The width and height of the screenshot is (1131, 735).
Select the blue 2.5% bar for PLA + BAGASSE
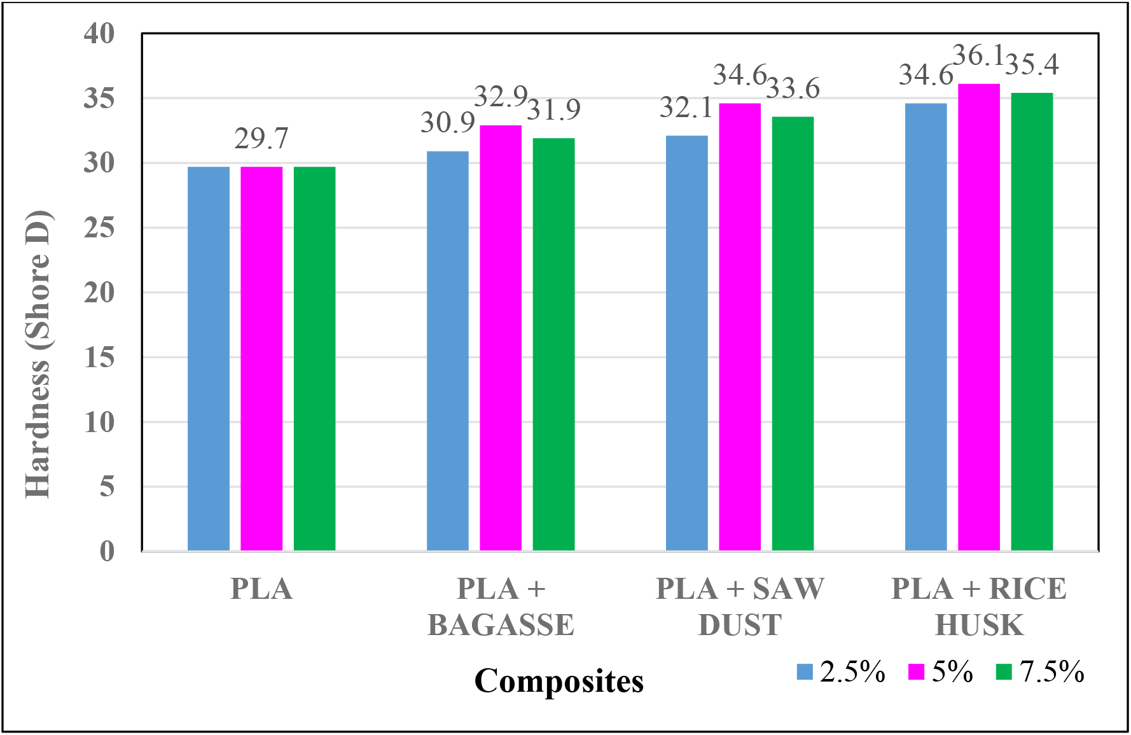pos(448,351)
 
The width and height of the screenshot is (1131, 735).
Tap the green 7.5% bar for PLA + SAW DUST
pos(793,333)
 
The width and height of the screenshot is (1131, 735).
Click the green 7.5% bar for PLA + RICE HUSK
pos(1032,321)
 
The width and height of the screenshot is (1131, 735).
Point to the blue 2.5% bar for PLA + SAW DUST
pos(686,343)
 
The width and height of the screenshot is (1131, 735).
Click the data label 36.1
pos(978,56)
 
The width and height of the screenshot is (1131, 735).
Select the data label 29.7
pos(261,138)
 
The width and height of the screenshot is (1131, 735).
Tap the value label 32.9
pos(501,97)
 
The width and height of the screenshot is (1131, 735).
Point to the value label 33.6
pos(793,88)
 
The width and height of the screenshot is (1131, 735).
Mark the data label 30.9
pos(448,122)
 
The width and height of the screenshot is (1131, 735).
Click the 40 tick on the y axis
pos(99,33)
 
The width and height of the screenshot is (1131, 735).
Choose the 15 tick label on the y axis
pos(99,358)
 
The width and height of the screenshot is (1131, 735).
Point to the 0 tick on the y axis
pos(107,551)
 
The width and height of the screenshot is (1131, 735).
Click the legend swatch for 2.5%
pos(805,672)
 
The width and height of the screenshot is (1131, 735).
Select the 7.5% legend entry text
pos(1052,672)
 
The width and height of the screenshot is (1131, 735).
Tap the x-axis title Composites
pos(559,681)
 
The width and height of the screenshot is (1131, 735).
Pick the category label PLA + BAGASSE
pos(501,606)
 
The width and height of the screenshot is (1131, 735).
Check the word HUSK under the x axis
pos(978,625)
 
